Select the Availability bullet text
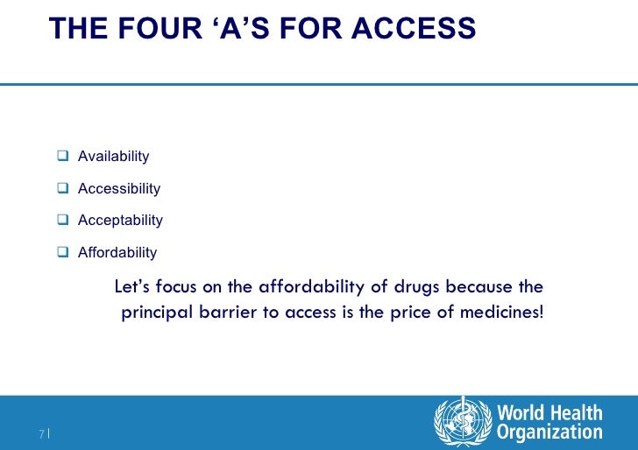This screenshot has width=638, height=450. pyautogui.click(x=113, y=157)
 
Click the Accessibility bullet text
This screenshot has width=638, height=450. pyautogui.click(x=119, y=189)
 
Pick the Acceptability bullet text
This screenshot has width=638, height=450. pyautogui.click(x=120, y=221)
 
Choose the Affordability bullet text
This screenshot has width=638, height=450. pyautogui.click(x=117, y=253)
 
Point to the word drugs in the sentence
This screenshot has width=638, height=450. pyautogui.click(x=415, y=288)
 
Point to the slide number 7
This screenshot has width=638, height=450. pyautogui.click(x=41, y=433)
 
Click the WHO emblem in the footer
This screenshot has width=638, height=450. pyautogui.click(x=460, y=421)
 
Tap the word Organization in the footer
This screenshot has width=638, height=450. pyautogui.click(x=549, y=432)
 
